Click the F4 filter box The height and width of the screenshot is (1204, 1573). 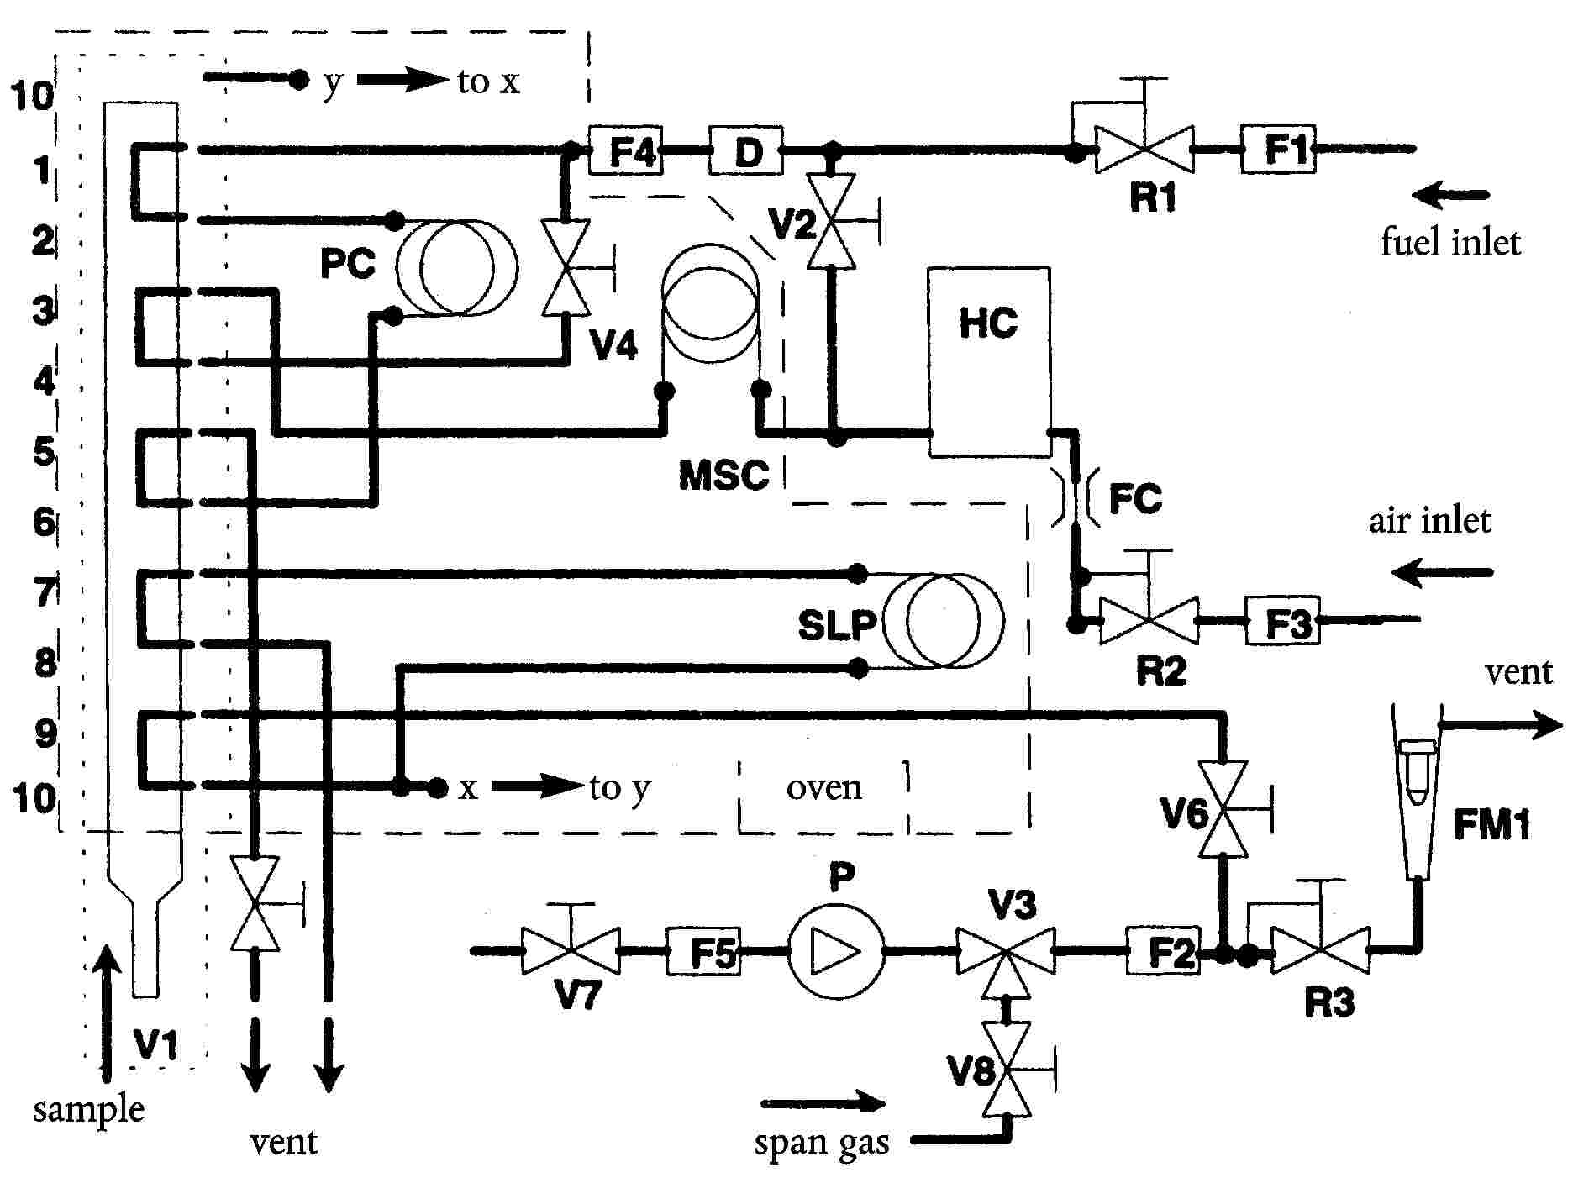(x=625, y=150)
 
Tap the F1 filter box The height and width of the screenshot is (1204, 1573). (x=1278, y=149)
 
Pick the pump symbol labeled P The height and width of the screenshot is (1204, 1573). (x=836, y=951)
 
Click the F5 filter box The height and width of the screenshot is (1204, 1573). (x=704, y=951)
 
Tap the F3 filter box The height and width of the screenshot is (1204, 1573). (x=1282, y=620)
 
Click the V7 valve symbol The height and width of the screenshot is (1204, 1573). (x=571, y=950)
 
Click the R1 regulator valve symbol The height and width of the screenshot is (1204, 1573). (x=1144, y=149)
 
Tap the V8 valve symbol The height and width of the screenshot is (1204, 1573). (x=1007, y=1069)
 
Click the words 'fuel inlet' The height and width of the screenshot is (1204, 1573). (x=1450, y=242)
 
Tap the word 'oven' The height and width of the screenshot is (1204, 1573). (x=824, y=788)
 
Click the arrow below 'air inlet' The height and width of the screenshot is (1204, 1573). (x=1442, y=573)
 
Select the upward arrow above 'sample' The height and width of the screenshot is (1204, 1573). (x=107, y=1012)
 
